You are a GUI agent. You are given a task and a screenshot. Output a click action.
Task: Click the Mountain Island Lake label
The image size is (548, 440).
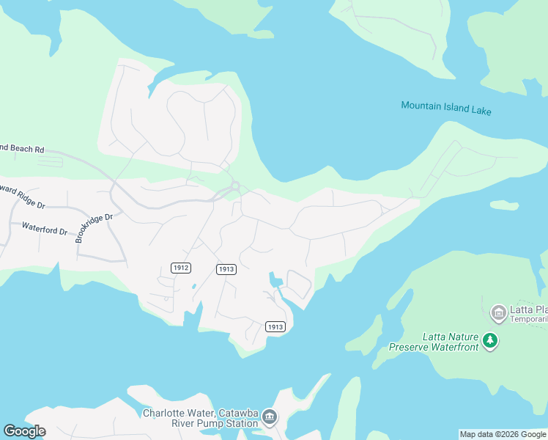(446, 109)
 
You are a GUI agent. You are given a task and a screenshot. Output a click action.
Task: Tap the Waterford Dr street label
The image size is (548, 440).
(45, 230)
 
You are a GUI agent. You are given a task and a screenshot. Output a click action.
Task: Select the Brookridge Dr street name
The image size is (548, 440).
(95, 228)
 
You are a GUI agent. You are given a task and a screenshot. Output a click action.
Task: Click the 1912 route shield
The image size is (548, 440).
(182, 268)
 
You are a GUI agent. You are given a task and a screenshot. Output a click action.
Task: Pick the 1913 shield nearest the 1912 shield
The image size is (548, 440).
(226, 270)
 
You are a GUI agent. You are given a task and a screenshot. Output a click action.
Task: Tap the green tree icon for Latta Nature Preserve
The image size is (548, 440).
(490, 340)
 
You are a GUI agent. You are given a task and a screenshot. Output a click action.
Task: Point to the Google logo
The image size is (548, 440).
(24, 431)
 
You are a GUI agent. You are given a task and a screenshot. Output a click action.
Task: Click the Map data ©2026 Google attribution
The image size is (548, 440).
(503, 434)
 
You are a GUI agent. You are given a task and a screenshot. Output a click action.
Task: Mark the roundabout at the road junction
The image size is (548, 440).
(235, 186)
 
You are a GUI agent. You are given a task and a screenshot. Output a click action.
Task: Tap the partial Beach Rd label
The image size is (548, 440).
(22, 149)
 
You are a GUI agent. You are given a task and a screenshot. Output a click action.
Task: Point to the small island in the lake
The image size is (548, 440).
(504, 205)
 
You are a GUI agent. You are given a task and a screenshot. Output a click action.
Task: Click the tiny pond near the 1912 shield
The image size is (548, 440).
(193, 286)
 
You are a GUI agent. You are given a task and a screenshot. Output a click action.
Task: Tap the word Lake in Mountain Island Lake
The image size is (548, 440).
(481, 111)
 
